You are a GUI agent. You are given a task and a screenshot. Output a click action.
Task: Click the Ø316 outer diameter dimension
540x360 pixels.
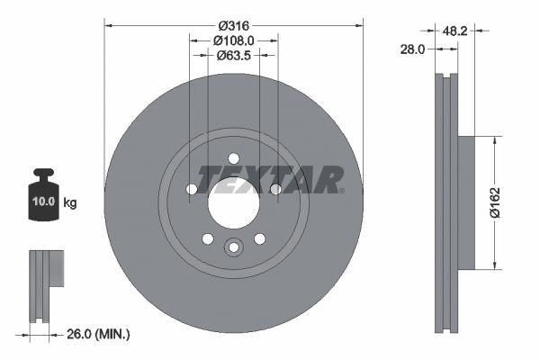tap(233, 23)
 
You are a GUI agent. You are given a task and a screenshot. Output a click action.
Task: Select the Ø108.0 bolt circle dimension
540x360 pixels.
tap(233, 40)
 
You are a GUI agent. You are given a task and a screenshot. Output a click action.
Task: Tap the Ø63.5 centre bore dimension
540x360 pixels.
tap(233, 55)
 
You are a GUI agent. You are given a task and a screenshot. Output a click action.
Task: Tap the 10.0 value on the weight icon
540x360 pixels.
tap(42, 202)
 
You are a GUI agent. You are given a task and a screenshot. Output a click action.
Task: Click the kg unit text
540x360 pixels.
tap(70, 203)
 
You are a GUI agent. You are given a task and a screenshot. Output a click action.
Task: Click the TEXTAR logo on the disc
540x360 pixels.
tap(270, 178)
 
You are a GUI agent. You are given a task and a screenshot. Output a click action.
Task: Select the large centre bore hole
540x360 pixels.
tap(233, 202)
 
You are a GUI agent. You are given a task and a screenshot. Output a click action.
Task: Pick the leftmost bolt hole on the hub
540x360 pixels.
tap(191, 189)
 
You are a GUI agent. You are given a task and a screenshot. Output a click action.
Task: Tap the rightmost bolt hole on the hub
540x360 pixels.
tap(275, 189)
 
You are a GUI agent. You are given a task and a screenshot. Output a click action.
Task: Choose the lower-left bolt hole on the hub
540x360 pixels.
tap(207, 238)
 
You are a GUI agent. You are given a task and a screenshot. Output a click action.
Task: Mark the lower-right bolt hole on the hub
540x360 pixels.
tap(259, 238)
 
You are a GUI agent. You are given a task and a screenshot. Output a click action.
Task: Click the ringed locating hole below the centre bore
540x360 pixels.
tap(233, 247)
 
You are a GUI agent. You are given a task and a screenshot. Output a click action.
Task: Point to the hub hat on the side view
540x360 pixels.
tap(465, 202)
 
